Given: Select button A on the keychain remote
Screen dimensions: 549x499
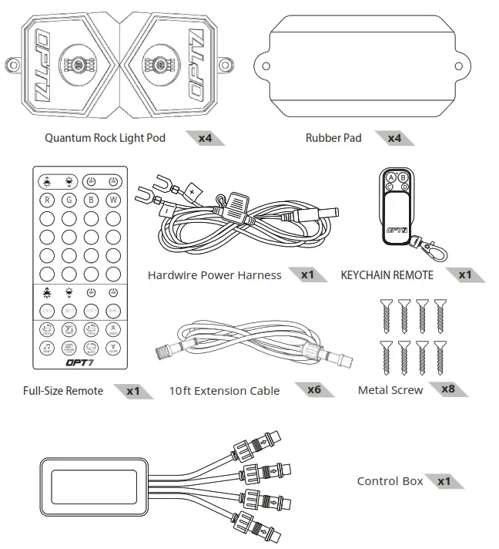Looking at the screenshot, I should pyautogui.click(x=390, y=177).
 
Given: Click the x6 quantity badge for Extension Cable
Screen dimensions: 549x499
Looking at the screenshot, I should pyautogui.click(x=313, y=389).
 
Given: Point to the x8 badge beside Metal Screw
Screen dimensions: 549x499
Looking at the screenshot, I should pyautogui.click(x=447, y=389).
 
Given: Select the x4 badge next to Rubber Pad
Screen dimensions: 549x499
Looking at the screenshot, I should pyautogui.click(x=394, y=138).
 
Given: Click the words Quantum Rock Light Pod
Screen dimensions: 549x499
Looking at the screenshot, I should pyautogui.click(x=105, y=139).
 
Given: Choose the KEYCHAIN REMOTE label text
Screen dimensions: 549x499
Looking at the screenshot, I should pyautogui.click(x=387, y=275).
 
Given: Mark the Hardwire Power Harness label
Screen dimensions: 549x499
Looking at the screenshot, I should pyautogui.click(x=214, y=275).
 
